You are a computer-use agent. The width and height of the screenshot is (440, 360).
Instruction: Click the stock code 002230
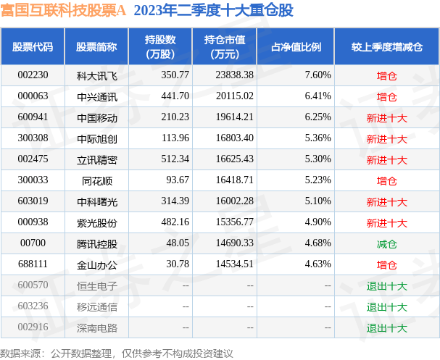pos(33,75)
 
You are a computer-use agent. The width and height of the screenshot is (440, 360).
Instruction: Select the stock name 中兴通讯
pos(96,96)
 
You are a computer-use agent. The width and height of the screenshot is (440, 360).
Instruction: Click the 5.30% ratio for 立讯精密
pos(318,159)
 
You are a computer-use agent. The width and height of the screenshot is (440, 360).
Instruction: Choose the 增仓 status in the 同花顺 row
pos(386,180)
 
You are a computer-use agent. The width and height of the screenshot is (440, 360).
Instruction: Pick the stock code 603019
pos(33,201)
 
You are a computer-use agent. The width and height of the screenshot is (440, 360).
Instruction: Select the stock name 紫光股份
pos(96,222)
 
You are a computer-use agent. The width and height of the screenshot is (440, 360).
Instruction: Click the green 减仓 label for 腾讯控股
pos(386,243)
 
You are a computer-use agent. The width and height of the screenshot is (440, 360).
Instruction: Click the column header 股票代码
pos(33,47)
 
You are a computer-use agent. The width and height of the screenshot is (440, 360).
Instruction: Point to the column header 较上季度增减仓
pos(386,47)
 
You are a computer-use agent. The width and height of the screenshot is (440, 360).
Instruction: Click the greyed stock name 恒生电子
pos(96,285)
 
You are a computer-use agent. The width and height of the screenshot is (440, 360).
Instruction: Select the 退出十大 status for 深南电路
pos(386,327)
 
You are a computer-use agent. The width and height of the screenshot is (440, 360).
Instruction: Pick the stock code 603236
pos(33,306)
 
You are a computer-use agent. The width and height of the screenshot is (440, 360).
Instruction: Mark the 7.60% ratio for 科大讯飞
pos(318,75)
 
